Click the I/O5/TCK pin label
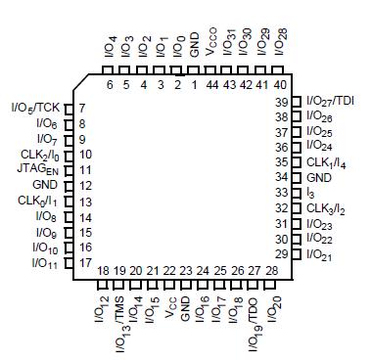(x=36, y=108)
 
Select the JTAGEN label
(x=40, y=169)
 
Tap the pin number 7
(x=82, y=108)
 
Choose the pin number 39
(x=281, y=102)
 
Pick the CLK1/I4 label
(x=325, y=162)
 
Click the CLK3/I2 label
(x=325, y=207)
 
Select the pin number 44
(x=212, y=84)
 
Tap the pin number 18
(x=104, y=270)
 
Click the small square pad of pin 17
(x=69, y=262)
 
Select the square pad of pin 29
(x=297, y=254)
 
